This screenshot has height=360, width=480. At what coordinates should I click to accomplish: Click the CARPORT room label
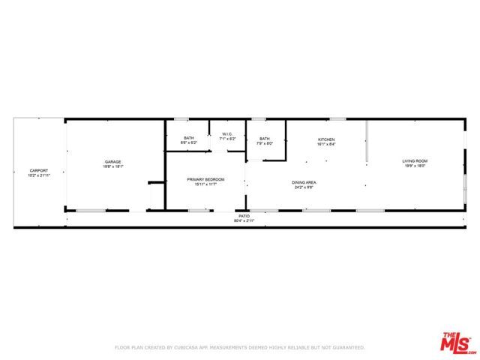point(39,170)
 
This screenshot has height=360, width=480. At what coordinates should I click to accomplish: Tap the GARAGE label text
point(112,162)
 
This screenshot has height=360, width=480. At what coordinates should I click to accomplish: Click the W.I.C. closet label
point(227,134)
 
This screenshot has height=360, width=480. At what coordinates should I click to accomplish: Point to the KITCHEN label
point(325,139)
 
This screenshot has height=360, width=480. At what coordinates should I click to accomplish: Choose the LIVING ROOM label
point(415,160)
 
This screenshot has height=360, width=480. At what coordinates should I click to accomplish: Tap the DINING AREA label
point(304,182)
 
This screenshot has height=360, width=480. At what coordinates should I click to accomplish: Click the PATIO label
point(244,215)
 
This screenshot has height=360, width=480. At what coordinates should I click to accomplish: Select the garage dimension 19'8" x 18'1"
point(112,167)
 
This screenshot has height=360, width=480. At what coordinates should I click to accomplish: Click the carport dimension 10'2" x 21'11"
point(39,175)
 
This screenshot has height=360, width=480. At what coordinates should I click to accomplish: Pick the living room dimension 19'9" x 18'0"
point(415,166)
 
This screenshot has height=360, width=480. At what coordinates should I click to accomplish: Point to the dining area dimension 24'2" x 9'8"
point(304,187)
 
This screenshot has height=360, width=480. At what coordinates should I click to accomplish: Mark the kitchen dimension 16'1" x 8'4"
point(325,145)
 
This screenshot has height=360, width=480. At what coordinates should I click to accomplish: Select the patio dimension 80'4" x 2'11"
point(244,220)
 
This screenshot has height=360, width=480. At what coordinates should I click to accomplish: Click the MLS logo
point(455,343)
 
